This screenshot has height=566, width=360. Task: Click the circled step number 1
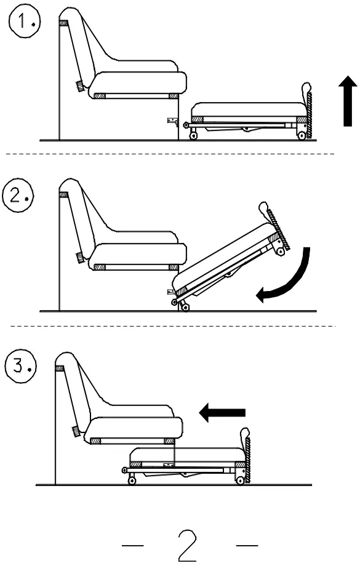(x=23, y=24)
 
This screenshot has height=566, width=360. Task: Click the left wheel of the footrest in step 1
(x=194, y=136)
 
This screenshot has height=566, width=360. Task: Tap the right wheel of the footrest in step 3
(x=241, y=480)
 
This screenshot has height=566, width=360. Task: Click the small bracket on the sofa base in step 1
(x=172, y=122)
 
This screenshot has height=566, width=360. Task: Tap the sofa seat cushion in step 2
(x=138, y=253)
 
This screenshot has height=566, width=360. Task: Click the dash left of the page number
(x=134, y=544)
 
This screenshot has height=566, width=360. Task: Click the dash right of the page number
(x=247, y=544)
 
